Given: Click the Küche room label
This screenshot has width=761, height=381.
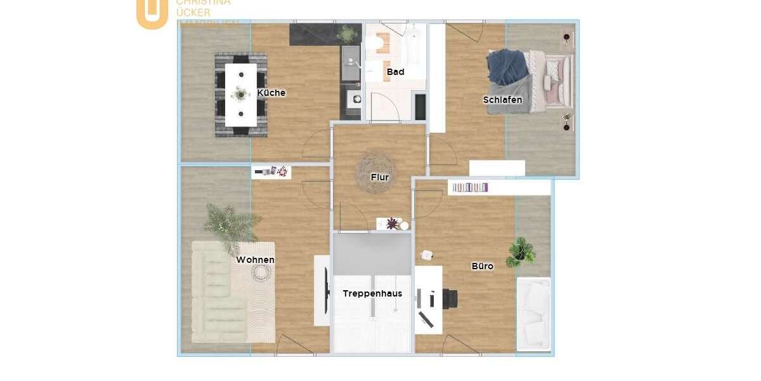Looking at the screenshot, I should click(x=271, y=93).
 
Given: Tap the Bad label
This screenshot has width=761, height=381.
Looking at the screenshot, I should click(x=395, y=72).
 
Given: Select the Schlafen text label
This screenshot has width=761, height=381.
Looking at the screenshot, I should click(x=502, y=100).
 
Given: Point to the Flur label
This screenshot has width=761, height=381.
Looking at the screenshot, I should click(x=379, y=177).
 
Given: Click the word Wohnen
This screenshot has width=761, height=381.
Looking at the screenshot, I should click(x=255, y=260).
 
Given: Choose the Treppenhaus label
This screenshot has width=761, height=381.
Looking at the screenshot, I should click(x=372, y=293).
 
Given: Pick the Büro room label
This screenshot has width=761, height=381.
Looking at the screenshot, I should click(x=482, y=266).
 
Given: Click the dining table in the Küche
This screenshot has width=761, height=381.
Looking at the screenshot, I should click(x=241, y=94).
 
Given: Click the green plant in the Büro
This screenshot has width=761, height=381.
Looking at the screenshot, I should click(x=521, y=251).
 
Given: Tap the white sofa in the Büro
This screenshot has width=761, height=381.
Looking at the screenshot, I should click(x=533, y=314).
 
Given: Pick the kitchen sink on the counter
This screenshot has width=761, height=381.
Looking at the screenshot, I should click(x=351, y=63).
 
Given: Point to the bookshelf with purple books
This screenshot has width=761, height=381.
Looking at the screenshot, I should click(x=470, y=187).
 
